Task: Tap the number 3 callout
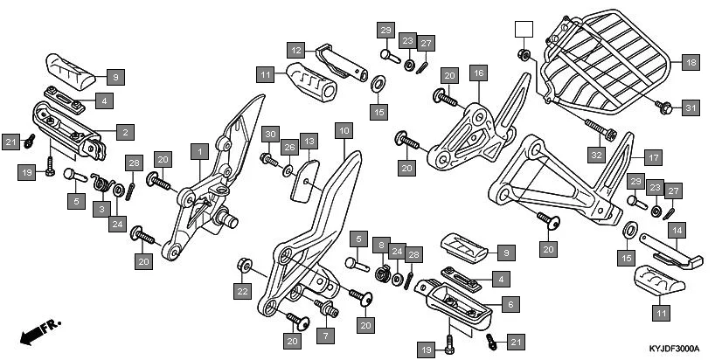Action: (x=102, y=209)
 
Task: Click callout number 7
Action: (x=325, y=336)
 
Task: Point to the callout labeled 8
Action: (x=380, y=245)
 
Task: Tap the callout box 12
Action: (x=296, y=50)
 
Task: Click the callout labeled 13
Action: (x=308, y=141)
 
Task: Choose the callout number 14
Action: (x=676, y=231)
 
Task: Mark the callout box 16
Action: (x=477, y=73)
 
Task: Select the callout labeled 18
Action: (x=690, y=63)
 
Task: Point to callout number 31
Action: (x=691, y=108)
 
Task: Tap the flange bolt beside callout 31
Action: (x=663, y=107)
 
